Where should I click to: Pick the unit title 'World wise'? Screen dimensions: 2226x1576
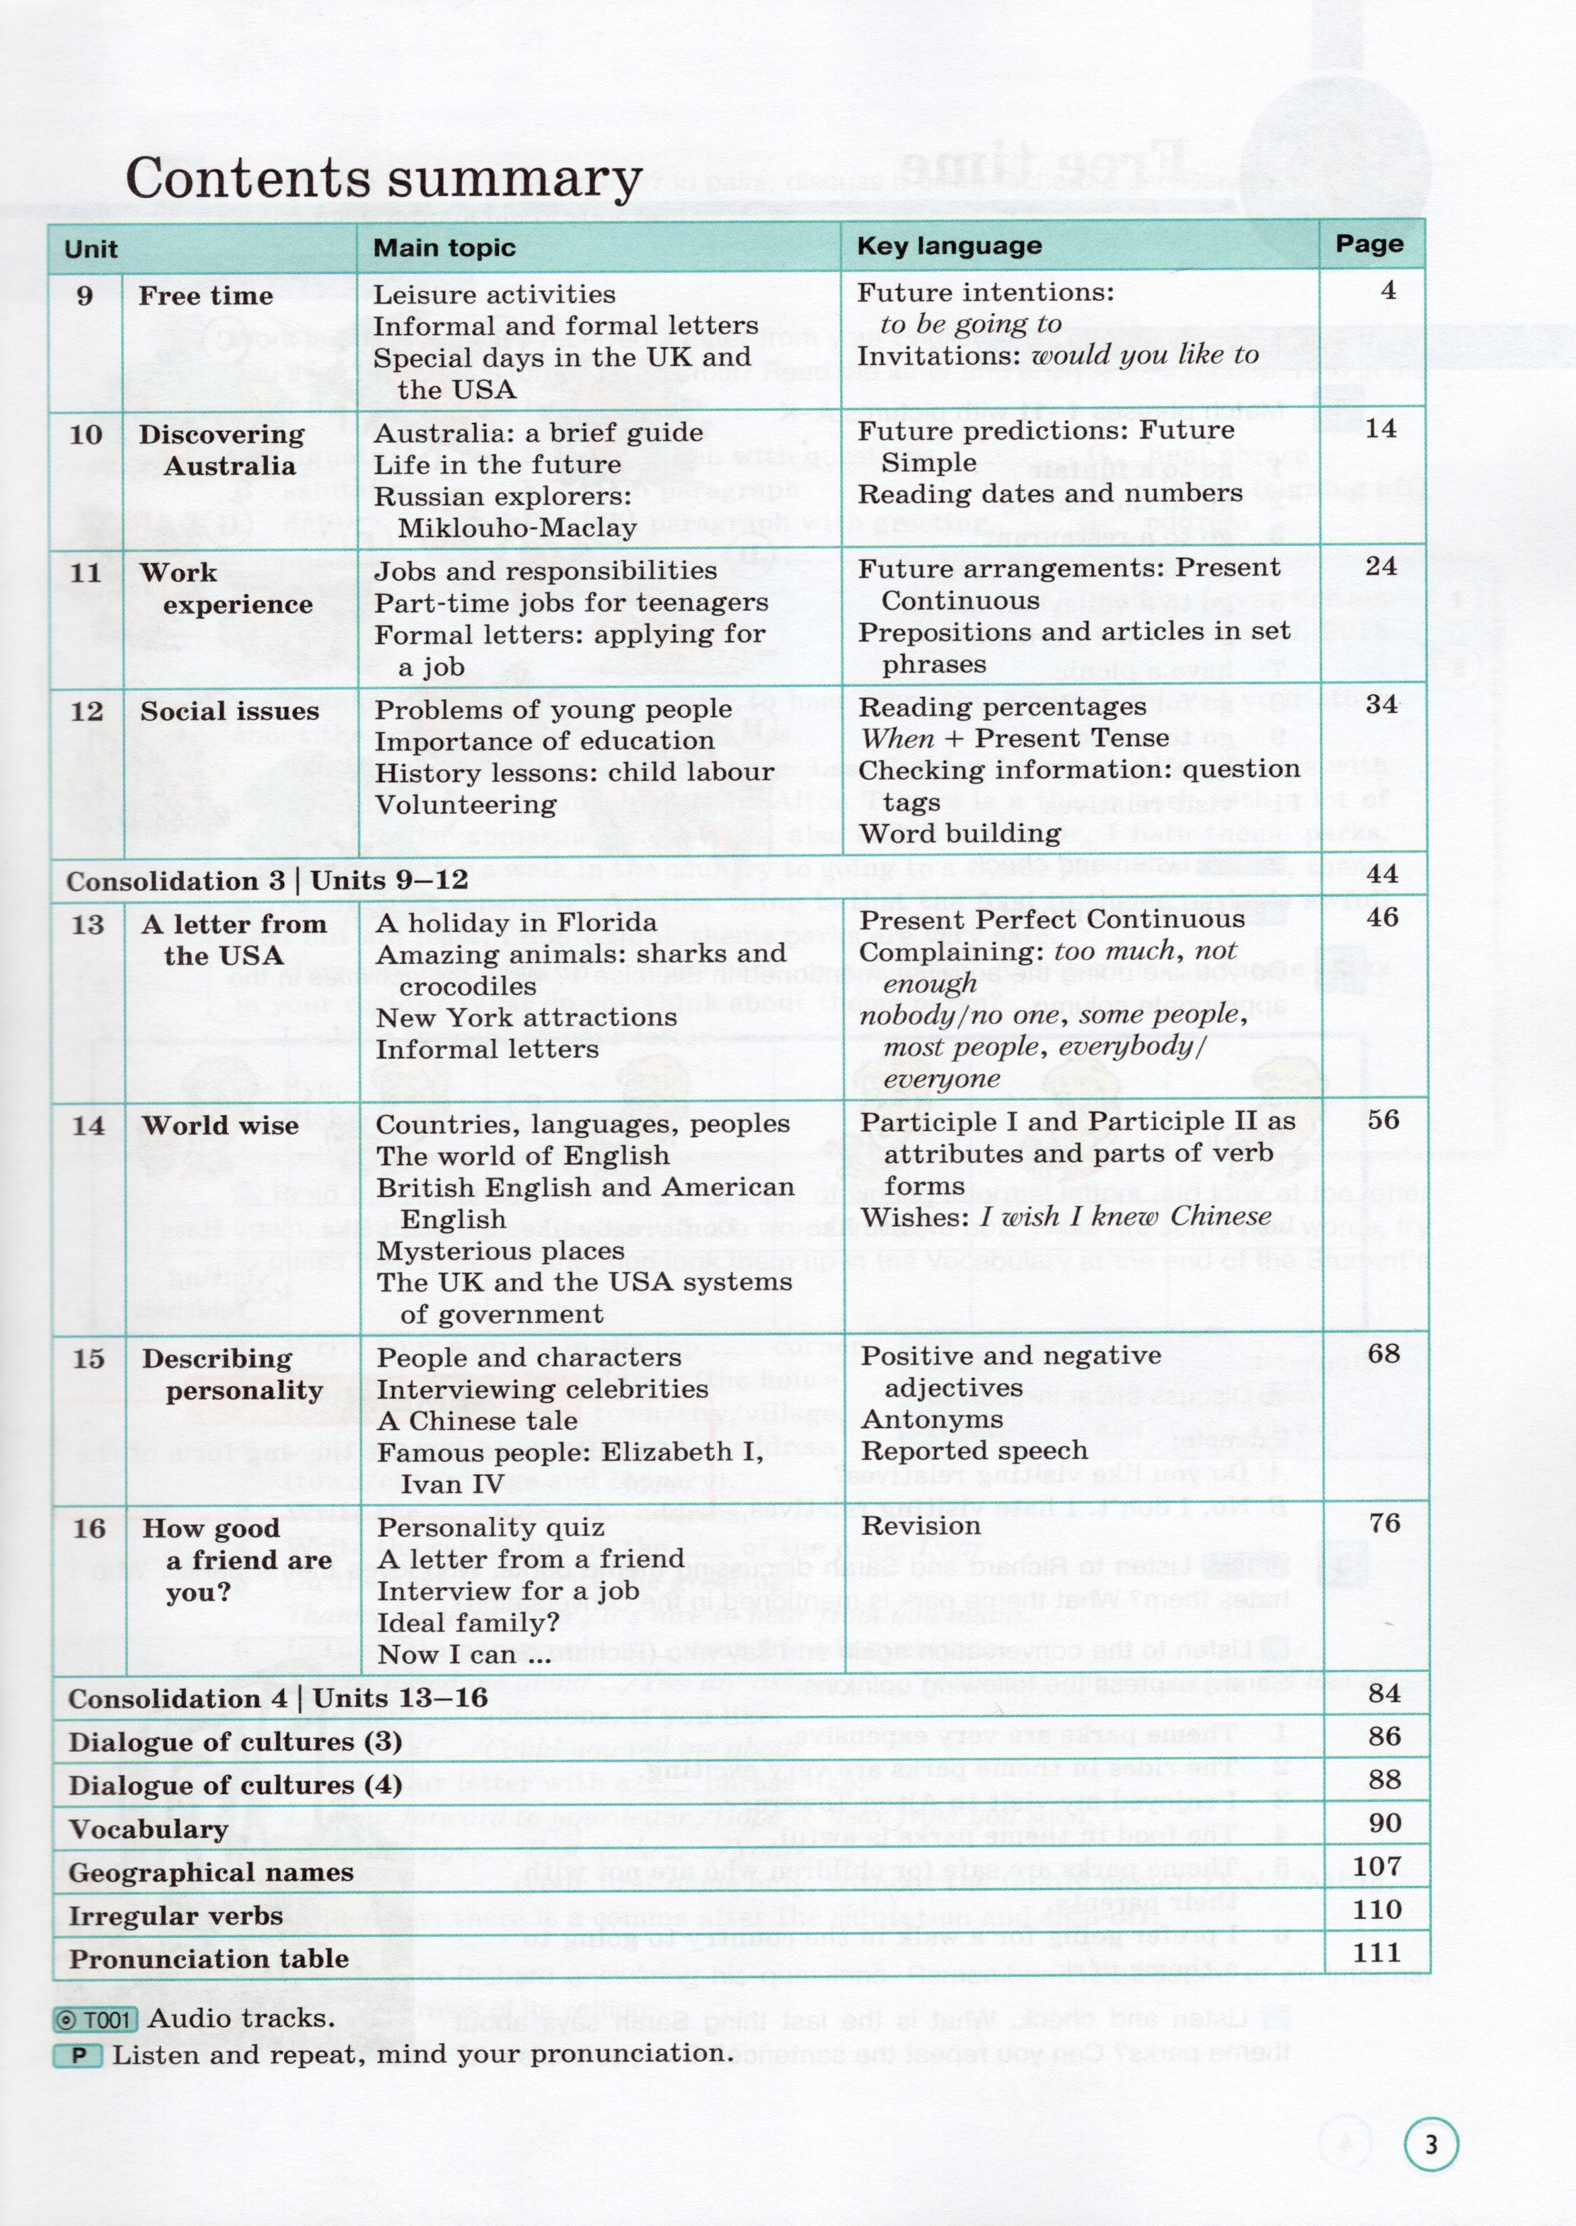point(219,1126)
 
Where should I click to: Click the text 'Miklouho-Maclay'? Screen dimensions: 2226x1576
point(517,528)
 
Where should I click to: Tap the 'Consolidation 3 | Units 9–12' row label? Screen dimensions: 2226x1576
point(267,881)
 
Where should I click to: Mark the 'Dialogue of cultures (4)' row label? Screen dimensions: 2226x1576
point(235,1786)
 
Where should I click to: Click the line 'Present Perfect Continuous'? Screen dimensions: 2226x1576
point(1052,919)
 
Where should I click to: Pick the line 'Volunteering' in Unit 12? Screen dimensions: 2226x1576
point(466,805)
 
